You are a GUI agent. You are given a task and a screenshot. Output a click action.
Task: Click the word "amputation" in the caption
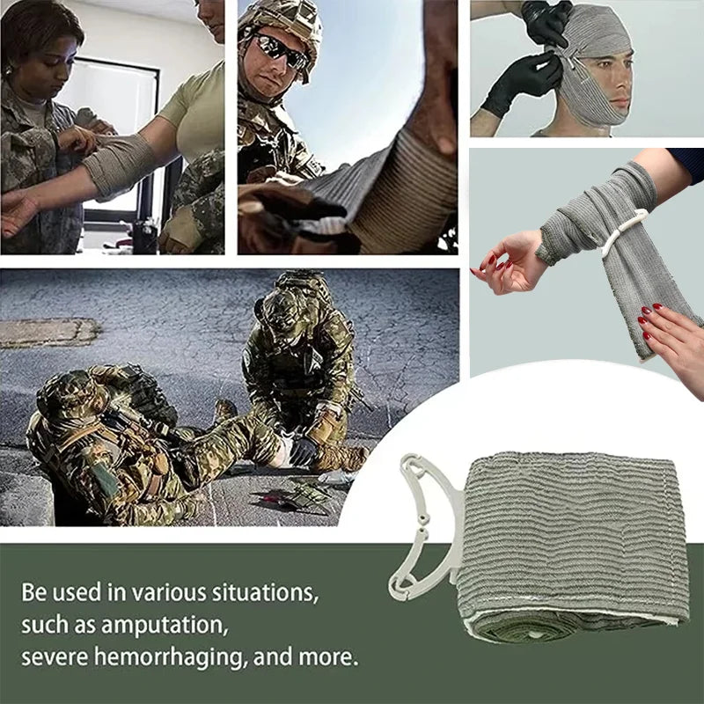tap(167, 626)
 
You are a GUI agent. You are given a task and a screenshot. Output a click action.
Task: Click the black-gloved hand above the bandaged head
tap(546, 22)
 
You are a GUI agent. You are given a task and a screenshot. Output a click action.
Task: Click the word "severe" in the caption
tap(52, 657)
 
